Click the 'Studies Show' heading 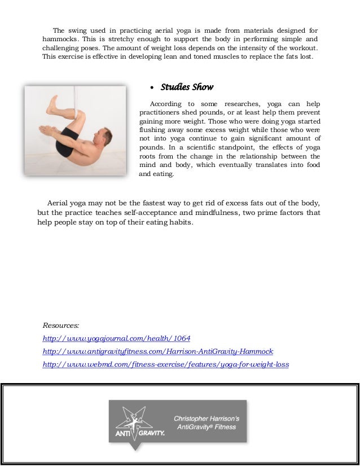(187, 87)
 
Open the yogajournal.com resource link (117, 338)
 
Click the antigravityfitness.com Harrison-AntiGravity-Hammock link (158, 351)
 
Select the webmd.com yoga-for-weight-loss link (166, 364)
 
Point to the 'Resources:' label (61, 326)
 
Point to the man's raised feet (52, 104)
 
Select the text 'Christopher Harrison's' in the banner (207, 418)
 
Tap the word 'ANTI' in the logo (123, 434)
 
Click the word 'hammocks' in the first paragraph (61, 39)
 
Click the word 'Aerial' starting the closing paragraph (59, 203)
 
